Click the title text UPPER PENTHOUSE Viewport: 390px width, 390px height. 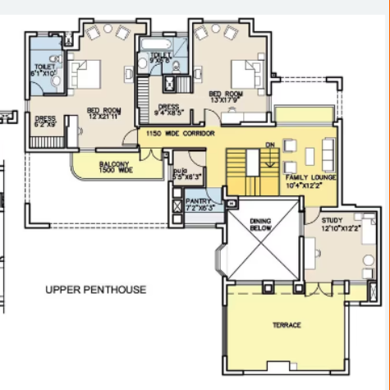(95, 289)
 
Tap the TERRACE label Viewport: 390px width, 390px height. (287, 325)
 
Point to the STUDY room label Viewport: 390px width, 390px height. (333, 223)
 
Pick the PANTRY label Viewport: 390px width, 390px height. (198, 204)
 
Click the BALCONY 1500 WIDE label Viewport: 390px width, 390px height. (116, 167)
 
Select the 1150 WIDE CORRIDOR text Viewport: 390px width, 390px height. (180, 133)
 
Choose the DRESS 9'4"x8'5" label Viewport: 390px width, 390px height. (169, 109)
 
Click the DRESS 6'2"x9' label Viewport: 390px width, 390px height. (45, 122)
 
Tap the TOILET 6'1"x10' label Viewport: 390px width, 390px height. (44, 70)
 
